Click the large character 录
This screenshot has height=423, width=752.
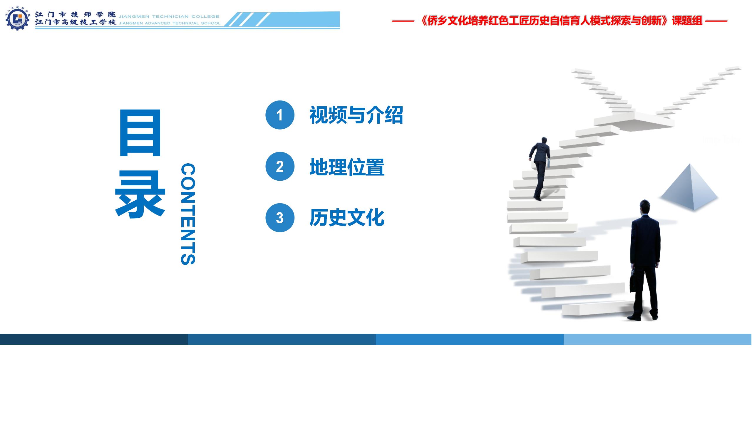140,195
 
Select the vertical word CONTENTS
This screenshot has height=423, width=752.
188,214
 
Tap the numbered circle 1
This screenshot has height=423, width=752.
280,115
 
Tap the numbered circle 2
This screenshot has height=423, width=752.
280,166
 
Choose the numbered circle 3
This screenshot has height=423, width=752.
280,218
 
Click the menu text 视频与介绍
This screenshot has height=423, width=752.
356,115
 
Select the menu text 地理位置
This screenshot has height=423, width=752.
347,167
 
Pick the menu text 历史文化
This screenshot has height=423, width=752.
347,218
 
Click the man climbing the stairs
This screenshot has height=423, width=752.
540,169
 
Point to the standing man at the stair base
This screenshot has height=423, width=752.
644,260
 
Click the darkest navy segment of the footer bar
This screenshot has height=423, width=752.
94,339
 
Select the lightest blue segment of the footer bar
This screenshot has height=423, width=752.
658,339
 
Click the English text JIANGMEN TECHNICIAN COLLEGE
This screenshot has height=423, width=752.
169,16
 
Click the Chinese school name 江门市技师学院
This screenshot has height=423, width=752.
76,14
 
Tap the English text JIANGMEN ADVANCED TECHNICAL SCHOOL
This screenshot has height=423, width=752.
170,23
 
